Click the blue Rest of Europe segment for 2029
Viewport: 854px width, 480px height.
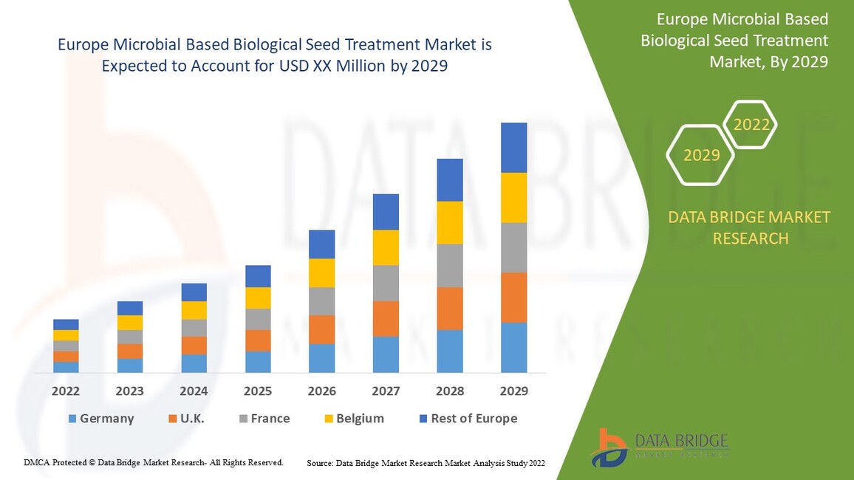(x=513, y=148)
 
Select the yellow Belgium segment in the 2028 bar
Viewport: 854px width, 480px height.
(x=450, y=222)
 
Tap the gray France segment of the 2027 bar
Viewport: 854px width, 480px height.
(x=386, y=283)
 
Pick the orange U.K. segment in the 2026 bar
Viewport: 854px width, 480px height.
(x=321, y=329)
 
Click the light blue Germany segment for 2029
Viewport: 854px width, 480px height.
(x=513, y=347)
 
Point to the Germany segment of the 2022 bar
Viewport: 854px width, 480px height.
(x=66, y=367)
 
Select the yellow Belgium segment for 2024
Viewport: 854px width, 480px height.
(x=194, y=310)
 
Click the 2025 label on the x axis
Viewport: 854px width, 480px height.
(x=258, y=391)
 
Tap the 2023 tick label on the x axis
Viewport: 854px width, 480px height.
(x=129, y=391)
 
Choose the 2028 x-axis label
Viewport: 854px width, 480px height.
(x=450, y=391)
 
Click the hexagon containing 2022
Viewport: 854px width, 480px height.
(x=751, y=125)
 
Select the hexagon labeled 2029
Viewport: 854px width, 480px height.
(x=700, y=155)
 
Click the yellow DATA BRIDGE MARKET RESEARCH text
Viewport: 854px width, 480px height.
(x=749, y=227)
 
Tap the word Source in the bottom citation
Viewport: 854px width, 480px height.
(x=319, y=463)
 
